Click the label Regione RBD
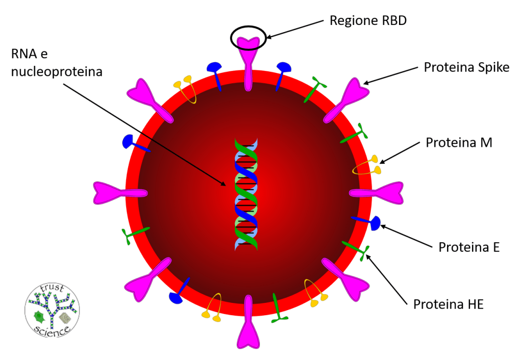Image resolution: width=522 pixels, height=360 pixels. (x=368, y=21)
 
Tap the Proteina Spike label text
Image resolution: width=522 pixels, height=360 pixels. (x=466, y=67)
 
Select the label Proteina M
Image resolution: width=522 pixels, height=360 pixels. (x=459, y=142)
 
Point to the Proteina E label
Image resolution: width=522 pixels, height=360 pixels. (x=468, y=247)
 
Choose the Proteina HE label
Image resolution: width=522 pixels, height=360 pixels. (x=448, y=304)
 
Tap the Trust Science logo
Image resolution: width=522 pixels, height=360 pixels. (x=52, y=312)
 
